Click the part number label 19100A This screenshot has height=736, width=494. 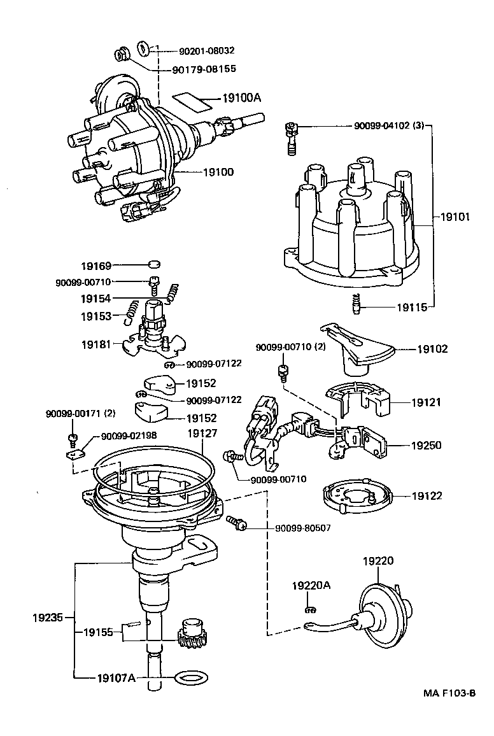(x=243, y=99)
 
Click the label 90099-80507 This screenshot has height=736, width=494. (x=303, y=528)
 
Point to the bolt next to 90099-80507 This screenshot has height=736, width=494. (x=237, y=522)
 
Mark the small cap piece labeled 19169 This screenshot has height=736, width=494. (x=153, y=265)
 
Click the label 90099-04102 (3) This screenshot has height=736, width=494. (x=388, y=126)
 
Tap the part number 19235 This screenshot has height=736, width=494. (x=48, y=617)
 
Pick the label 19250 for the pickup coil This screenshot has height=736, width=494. (x=427, y=446)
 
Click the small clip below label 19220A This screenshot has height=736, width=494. (x=311, y=609)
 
